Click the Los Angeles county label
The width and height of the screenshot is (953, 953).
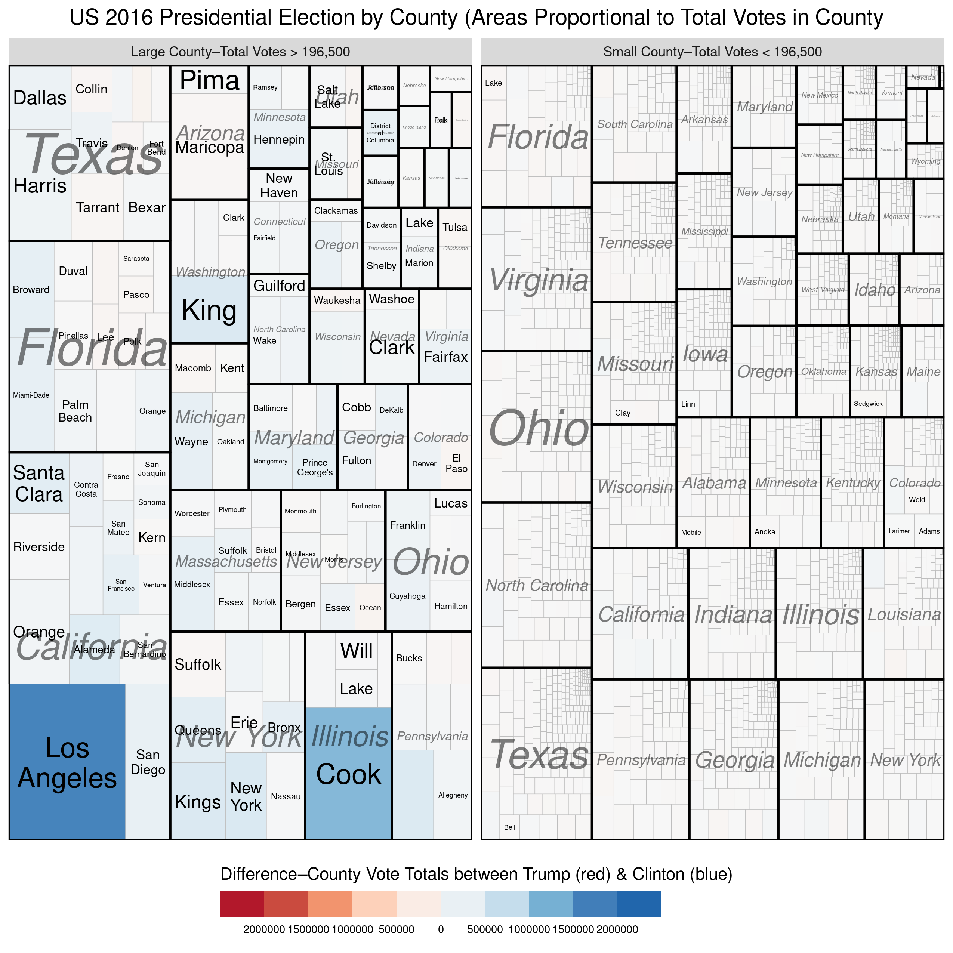[x=67, y=763]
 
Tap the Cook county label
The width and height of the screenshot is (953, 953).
[x=348, y=774]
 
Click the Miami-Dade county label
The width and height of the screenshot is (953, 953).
[x=31, y=395]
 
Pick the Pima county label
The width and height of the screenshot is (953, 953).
[x=209, y=80]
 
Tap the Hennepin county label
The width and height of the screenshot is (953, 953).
[x=279, y=140]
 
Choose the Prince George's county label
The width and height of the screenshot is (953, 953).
[x=315, y=467]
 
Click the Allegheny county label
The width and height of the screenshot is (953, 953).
[x=453, y=795]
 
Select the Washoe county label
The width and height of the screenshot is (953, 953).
[x=392, y=299]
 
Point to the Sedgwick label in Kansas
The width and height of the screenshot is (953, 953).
[x=868, y=404]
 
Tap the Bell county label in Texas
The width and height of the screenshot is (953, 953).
[x=509, y=827]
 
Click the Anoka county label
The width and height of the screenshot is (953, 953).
[x=765, y=532]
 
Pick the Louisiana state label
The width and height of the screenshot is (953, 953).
[x=904, y=615]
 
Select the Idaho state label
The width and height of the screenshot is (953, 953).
[x=875, y=290]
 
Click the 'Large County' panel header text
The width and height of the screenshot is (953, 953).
[x=240, y=52]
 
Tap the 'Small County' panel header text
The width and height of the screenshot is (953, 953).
[x=712, y=52]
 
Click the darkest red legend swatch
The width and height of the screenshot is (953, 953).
[x=242, y=903]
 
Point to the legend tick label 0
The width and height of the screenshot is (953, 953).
[x=441, y=929]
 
